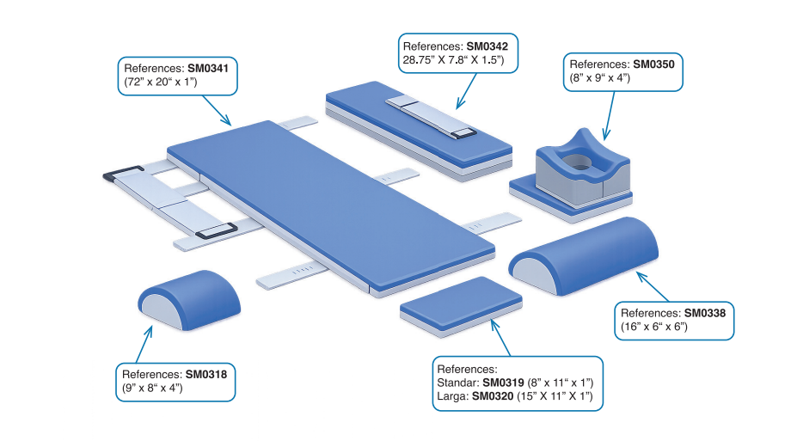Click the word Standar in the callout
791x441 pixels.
(457, 382)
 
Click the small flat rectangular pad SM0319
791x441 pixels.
(463, 302)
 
